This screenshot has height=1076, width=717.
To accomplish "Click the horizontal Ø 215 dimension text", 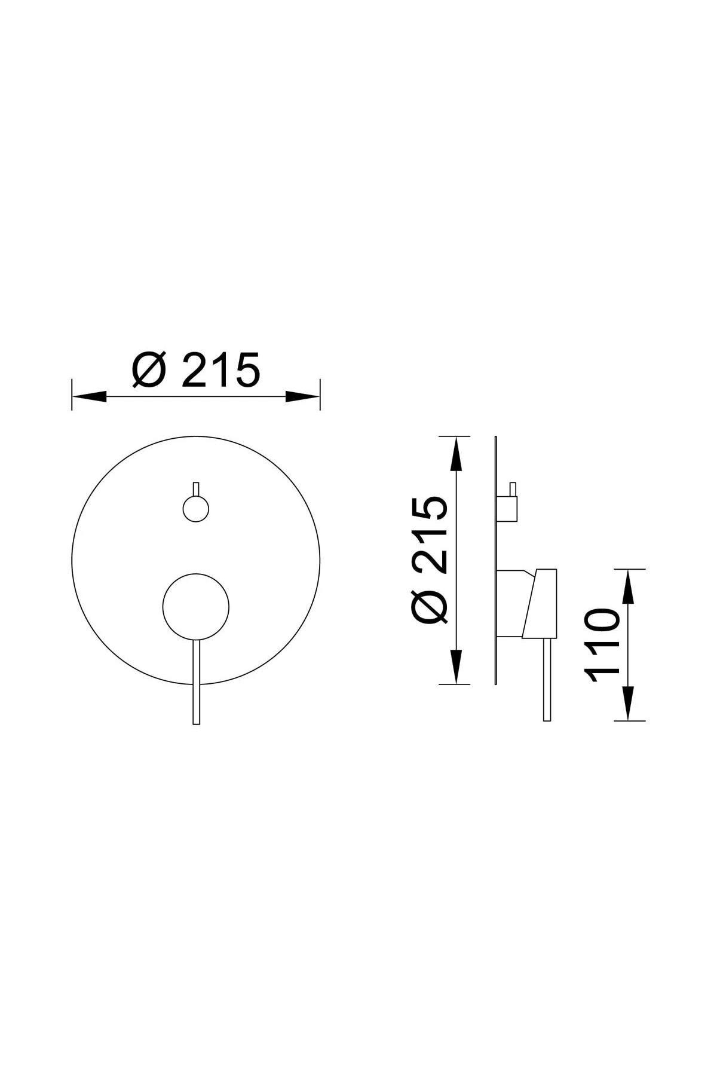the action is (196, 369).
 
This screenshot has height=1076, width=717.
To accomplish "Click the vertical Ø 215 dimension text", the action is (429, 561).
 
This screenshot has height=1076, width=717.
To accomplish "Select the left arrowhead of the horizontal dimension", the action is (89, 396).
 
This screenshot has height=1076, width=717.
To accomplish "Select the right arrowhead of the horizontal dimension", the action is (303, 396).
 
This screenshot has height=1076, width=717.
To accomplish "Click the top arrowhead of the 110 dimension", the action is (628, 586).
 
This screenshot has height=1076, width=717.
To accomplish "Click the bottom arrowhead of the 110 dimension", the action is (628, 703).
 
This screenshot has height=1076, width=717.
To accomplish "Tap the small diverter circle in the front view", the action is (196, 509).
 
